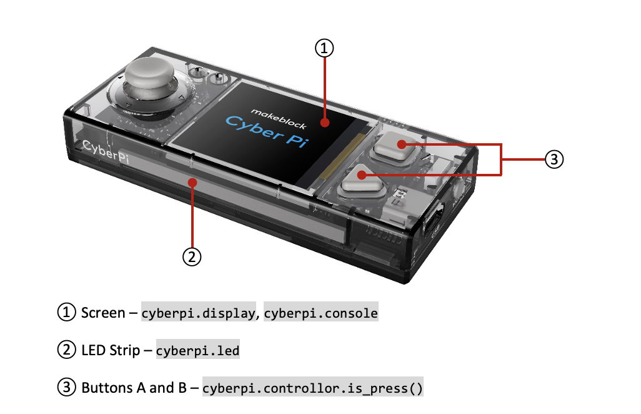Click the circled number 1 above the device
[x=324, y=48]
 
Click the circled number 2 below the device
[x=192, y=257]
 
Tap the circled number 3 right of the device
[x=554, y=159]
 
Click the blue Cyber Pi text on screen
[x=266, y=131]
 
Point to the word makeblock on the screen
[x=279, y=119]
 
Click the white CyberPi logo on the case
[x=106, y=151]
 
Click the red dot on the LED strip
[x=192, y=183]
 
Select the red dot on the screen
[x=325, y=123]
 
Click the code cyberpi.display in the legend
[x=199, y=313]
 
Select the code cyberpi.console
[x=321, y=313]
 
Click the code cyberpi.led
[x=198, y=351]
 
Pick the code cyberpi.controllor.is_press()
[x=313, y=388]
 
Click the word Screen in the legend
[x=103, y=313]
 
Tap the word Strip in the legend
[x=124, y=351]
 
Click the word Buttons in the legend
[x=107, y=388]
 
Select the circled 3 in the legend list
[x=67, y=387]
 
